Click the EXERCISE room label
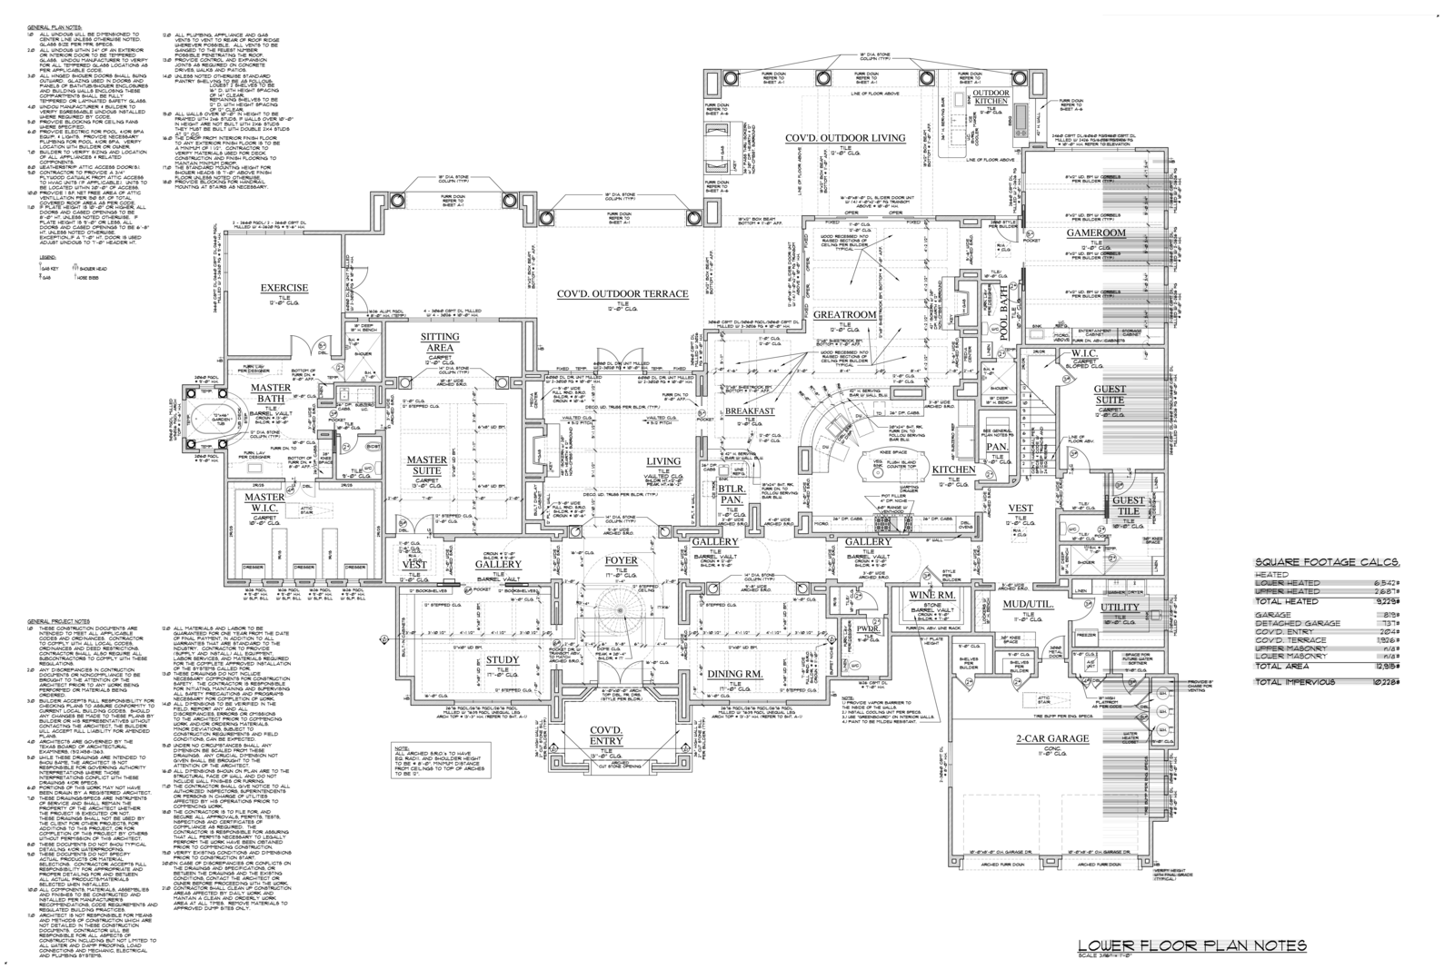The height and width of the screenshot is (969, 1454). point(285,288)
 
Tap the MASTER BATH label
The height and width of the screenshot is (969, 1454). point(272,393)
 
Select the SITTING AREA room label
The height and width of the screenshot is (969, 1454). point(439,341)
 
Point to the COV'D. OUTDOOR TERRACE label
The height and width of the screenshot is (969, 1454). point(622,293)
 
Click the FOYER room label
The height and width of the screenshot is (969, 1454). point(622,560)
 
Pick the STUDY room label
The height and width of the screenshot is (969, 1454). point(502,660)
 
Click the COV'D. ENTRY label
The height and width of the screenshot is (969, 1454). point(605,736)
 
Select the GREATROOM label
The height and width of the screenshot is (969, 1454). point(844,313)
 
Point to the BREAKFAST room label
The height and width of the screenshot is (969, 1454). point(750,411)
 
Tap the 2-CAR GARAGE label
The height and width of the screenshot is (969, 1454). point(1052,738)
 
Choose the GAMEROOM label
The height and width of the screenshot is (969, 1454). point(1096,232)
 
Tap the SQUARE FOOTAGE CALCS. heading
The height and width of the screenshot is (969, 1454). point(1326,562)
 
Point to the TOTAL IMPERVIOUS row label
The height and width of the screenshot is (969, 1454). point(1294,681)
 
